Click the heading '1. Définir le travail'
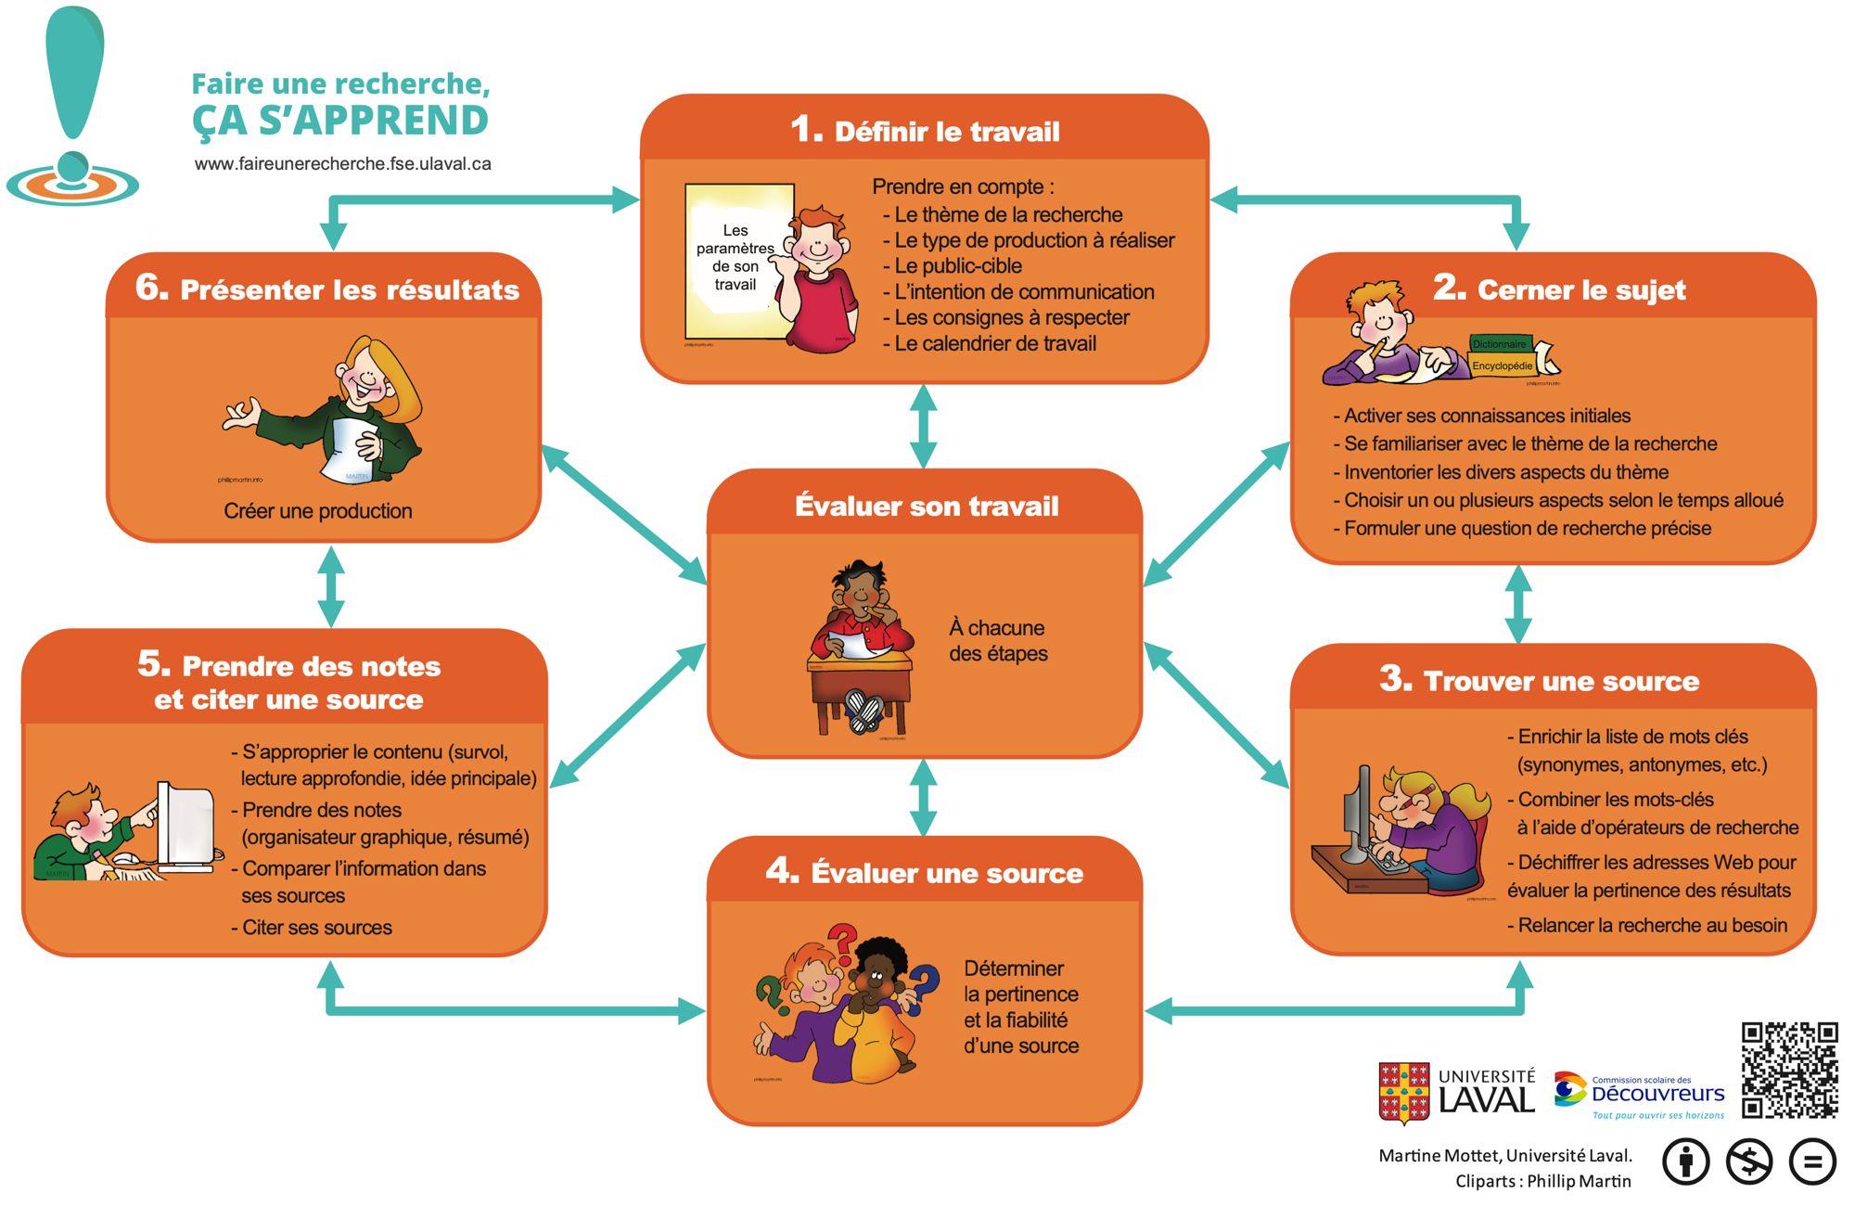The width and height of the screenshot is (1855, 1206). point(925,131)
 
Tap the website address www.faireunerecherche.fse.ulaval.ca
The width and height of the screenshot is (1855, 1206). point(342,164)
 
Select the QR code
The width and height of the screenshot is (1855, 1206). point(1789,1070)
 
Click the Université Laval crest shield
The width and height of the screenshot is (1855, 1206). point(1403,1093)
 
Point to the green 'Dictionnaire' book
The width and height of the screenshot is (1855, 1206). point(1500,344)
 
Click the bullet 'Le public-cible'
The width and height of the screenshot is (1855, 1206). point(957,266)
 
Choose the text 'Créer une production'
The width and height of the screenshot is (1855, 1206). point(318,511)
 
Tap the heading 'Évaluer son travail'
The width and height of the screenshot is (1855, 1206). point(926,507)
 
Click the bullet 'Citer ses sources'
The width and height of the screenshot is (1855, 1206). point(316,928)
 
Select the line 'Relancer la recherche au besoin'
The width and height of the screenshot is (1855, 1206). point(1652,925)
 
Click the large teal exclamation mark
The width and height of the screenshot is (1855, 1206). point(75,74)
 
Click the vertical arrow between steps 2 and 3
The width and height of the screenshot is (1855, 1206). point(1517,604)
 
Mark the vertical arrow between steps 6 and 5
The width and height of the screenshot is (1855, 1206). point(331,586)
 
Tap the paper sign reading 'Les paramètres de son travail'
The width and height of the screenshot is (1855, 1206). point(737,260)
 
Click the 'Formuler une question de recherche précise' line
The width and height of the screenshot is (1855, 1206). point(1527,529)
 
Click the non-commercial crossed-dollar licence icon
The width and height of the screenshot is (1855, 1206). point(1748,1161)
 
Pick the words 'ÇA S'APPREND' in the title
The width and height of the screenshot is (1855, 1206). point(340,121)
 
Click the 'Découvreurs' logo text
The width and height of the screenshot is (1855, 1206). point(1657,1094)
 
